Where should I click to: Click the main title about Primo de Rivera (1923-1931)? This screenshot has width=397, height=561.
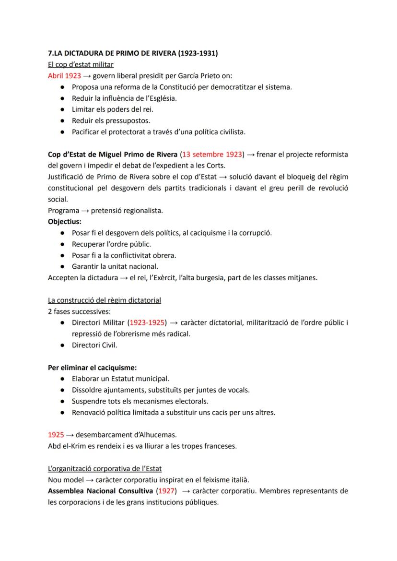133,53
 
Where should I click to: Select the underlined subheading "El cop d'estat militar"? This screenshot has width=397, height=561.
81,64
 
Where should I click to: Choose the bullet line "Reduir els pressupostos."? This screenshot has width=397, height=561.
111,120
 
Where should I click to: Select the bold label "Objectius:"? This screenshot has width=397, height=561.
65,222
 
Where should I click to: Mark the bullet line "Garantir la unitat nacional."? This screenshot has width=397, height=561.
115,266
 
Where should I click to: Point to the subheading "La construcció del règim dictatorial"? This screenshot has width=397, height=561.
105,300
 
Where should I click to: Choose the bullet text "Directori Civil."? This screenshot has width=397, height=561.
94,345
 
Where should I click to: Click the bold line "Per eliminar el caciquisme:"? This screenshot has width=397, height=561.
92,368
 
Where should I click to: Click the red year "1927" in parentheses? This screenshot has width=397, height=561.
166,491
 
